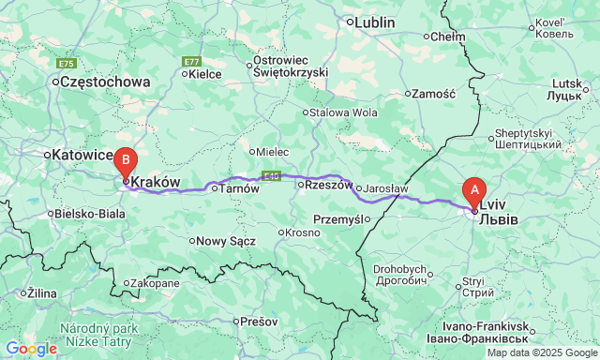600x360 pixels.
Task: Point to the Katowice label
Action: (81, 154)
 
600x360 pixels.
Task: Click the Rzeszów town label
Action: (322, 185)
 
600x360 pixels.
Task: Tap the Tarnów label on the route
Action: (230, 188)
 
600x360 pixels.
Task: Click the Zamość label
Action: (433, 94)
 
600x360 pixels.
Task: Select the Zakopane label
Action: (155, 282)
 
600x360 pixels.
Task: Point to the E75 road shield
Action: (66, 63)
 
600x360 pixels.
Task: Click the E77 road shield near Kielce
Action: (191, 61)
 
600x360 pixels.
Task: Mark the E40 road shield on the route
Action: (272, 174)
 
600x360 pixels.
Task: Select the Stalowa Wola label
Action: (340, 112)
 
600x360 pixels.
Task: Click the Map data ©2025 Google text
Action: (541, 352)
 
